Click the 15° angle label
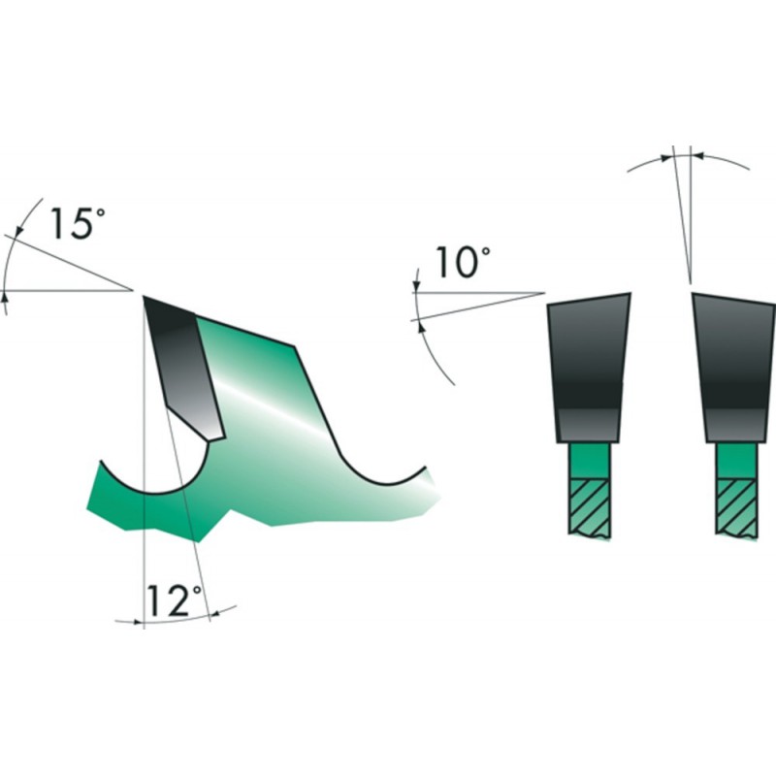78,224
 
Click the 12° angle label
175,600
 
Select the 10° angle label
464,263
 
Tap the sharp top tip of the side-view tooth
144,297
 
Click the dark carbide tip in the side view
184,367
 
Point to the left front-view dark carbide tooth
589,368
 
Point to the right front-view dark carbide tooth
734,368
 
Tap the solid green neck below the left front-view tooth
590,461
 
